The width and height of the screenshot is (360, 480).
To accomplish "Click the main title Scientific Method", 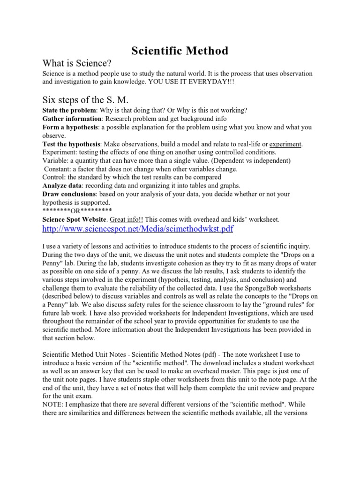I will click(180, 51).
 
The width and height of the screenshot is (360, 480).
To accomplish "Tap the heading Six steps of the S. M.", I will click(85, 99).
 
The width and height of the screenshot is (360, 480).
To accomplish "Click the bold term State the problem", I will click(69, 111).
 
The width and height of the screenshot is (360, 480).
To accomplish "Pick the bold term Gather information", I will click(72, 119).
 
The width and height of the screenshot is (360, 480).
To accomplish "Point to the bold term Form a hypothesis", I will click(70, 127).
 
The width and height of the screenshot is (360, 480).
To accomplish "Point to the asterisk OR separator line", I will click(77, 210).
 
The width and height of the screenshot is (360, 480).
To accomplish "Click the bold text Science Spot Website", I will click(75, 219).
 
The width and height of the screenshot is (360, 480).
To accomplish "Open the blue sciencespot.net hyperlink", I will click(138, 229).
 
